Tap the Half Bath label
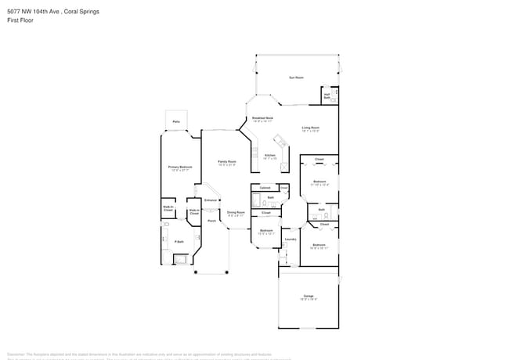(327, 96)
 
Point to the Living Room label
(311, 128)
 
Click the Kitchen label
(270, 157)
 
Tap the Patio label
(176, 122)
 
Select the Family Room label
(227, 163)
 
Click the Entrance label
(210, 200)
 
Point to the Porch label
(211, 221)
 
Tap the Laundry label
(289, 239)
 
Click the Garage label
(309, 297)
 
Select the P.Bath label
(179, 242)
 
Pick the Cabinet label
(265, 188)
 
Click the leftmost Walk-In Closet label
(168, 209)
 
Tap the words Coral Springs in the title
(81, 12)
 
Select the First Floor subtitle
(18, 20)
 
